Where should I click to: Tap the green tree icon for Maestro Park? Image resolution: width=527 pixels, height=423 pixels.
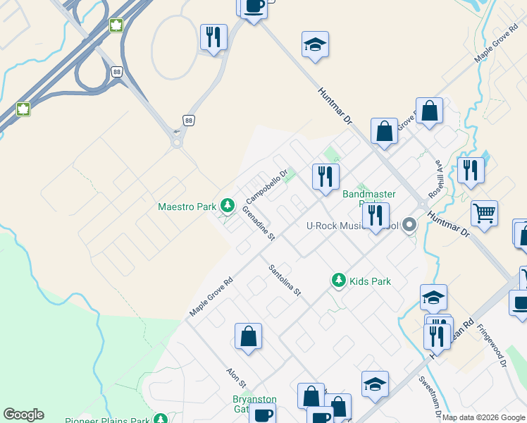click(x=227, y=206)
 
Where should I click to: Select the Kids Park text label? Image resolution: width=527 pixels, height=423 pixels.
click(x=370, y=281)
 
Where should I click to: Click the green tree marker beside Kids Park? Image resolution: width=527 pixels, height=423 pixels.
click(x=339, y=281)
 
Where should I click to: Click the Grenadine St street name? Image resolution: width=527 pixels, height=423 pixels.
click(x=258, y=223)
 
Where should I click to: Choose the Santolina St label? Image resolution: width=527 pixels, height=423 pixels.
click(x=285, y=280)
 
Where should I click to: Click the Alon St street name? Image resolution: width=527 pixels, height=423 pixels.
click(x=235, y=379)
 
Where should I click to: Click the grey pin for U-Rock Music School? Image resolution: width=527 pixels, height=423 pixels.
click(x=409, y=226)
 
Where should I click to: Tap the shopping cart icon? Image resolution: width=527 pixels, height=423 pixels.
click(x=484, y=213)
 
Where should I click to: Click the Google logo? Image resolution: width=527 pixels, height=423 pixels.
click(x=23, y=415)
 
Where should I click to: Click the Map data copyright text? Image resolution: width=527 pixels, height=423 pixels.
click(x=483, y=417)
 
